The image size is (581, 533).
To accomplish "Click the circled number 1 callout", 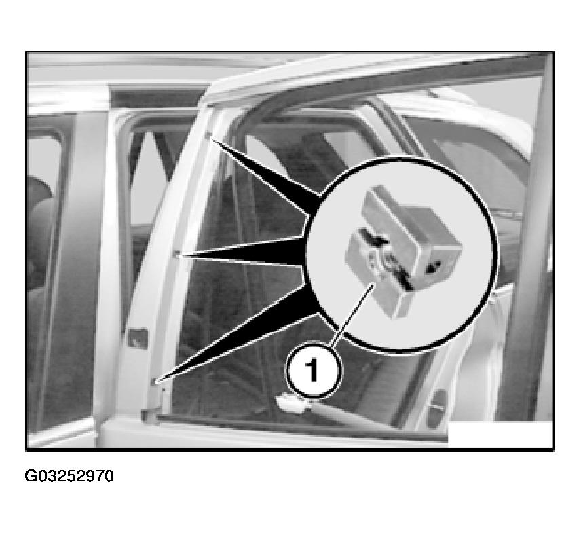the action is click(x=313, y=370).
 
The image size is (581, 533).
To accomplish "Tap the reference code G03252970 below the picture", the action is click(x=69, y=476).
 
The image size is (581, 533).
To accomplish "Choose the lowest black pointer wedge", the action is click(x=237, y=341).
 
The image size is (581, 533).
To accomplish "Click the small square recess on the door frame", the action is click(x=138, y=338).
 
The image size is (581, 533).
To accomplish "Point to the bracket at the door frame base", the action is click(x=151, y=415).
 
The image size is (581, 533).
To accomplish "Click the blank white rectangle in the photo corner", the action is click(x=500, y=434).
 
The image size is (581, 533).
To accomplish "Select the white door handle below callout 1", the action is click(x=293, y=403).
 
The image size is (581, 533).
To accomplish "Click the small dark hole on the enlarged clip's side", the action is click(x=434, y=265).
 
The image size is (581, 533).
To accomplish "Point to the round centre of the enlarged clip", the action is click(x=388, y=264).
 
